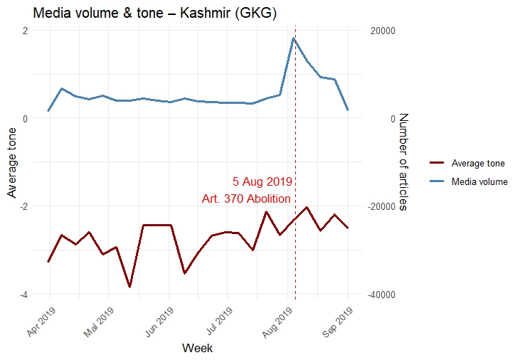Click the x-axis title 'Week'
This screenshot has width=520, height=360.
click(x=197, y=348)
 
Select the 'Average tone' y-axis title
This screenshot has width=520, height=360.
click(x=11, y=162)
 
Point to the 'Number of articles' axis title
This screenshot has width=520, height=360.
click(x=402, y=162)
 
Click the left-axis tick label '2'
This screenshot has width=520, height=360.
click(x=25, y=31)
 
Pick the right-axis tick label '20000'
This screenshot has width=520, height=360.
click(x=383, y=31)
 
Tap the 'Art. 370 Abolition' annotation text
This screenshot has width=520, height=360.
click(x=246, y=199)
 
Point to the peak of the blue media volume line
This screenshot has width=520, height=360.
click(x=293, y=38)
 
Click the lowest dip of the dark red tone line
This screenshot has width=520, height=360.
click(x=129, y=287)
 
